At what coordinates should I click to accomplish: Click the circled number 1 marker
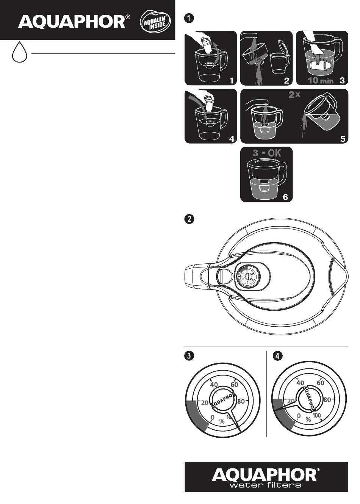click(x=188, y=18)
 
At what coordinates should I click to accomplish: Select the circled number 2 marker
click(x=188, y=219)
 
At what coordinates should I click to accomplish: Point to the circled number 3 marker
click(x=188, y=355)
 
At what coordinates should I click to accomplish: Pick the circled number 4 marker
click(x=278, y=355)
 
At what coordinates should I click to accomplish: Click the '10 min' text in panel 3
click(x=320, y=80)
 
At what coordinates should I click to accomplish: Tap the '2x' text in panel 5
click(x=294, y=95)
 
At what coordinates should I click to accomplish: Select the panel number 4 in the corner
click(x=231, y=139)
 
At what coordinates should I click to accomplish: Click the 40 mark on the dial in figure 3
click(x=214, y=385)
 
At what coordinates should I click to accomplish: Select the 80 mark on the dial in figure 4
click(x=327, y=399)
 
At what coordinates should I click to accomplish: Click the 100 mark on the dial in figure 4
click(x=317, y=416)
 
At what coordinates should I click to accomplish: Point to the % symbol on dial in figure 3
click(x=222, y=421)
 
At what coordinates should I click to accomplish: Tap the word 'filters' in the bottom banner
click(x=283, y=485)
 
